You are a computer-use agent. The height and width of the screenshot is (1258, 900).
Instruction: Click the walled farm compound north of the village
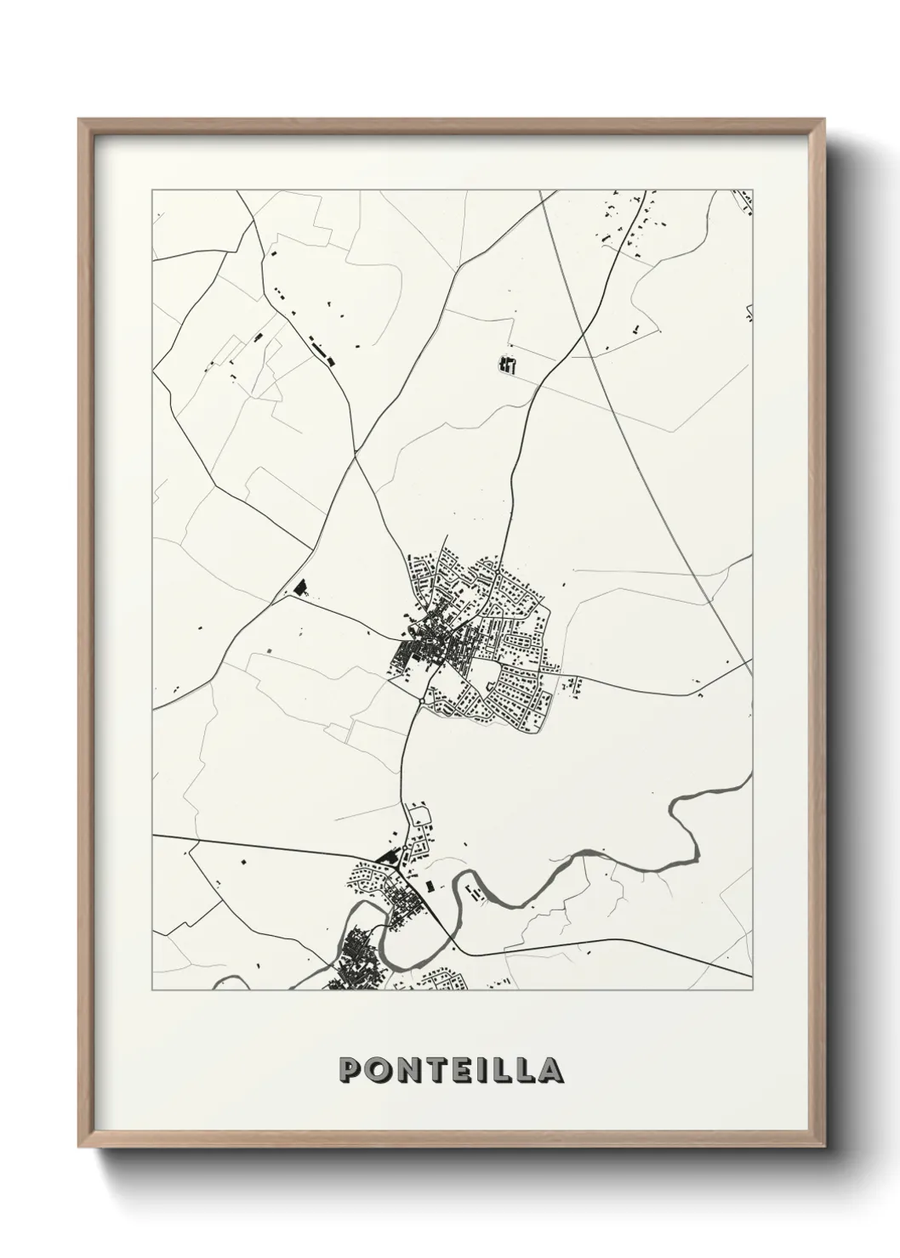pos(507,365)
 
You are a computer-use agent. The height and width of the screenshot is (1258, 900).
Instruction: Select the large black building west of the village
pos(299,586)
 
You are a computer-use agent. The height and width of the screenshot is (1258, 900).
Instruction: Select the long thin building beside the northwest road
pos(320,348)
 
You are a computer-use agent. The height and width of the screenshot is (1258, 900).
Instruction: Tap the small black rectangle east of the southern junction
pos(430,884)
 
